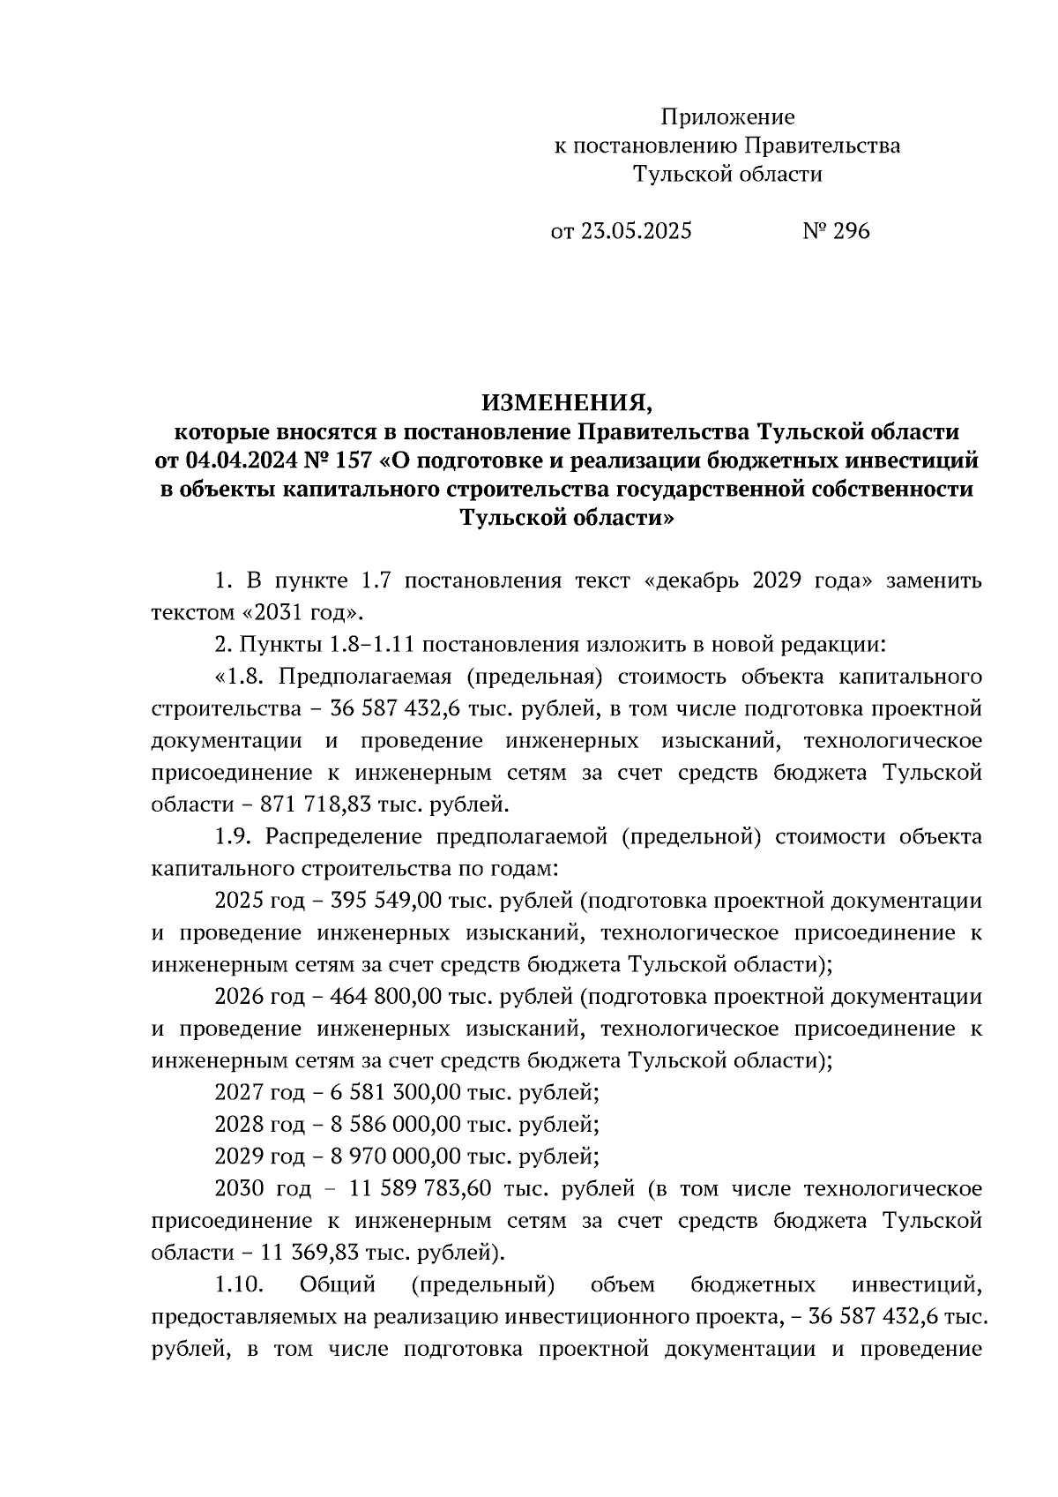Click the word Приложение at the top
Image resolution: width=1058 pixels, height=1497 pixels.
728,116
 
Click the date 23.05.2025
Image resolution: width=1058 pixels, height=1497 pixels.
636,231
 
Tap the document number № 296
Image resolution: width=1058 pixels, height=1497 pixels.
836,231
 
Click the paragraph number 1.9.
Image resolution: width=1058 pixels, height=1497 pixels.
234,836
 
